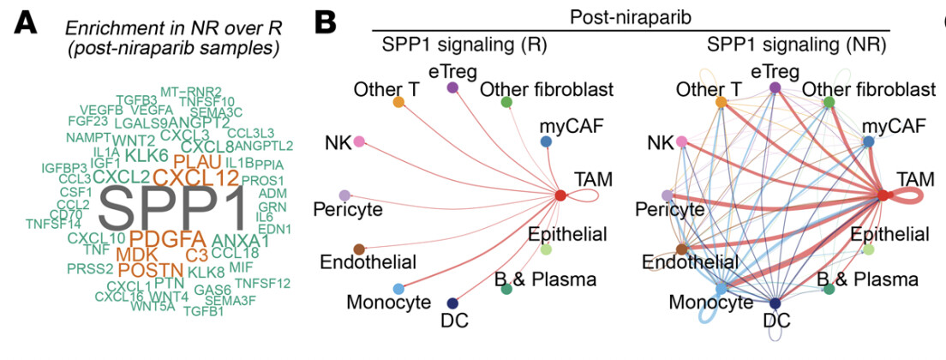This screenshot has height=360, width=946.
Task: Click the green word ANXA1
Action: pos(240,241)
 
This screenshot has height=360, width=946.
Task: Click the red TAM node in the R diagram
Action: pos(560,195)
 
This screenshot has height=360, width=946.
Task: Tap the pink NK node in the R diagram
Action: pos(360,141)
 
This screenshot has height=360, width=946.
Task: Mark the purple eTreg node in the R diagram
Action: pos(452,87)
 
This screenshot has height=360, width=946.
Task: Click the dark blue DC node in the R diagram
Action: pos(452,303)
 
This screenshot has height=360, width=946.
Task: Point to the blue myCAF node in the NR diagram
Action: pos(868,141)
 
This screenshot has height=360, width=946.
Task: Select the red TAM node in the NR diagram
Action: pos(883,195)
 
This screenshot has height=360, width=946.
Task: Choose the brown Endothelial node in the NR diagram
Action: pos(682,249)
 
